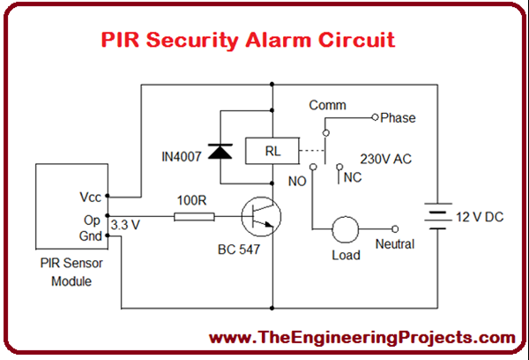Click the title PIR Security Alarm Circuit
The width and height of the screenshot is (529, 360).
(x=248, y=40)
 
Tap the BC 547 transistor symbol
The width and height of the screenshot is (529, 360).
(x=260, y=214)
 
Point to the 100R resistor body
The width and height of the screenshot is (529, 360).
(x=193, y=214)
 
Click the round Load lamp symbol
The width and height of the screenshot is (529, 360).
(x=345, y=231)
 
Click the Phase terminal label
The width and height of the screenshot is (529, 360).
(x=398, y=117)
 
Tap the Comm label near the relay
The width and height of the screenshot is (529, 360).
(x=325, y=105)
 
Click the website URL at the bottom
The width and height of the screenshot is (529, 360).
(x=361, y=338)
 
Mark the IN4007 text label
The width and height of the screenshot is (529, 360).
(x=182, y=156)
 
